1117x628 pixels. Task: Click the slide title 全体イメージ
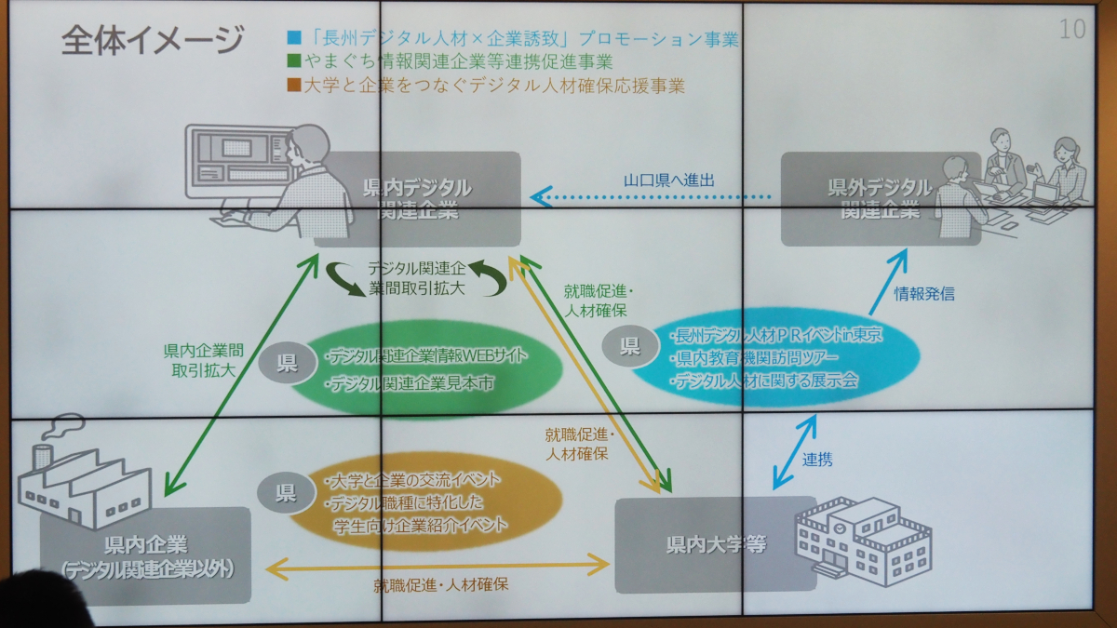(x=153, y=41)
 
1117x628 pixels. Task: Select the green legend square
(x=294, y=63)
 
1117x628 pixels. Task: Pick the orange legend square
(x=294, y=87)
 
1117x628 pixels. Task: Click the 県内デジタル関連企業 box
(x=416, y=199)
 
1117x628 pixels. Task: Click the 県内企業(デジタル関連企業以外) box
(x=145, y=555)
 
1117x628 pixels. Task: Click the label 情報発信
(x=924, y=294)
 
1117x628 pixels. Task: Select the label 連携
(x=817, y=459)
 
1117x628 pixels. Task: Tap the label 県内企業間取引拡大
(x=204, y=360)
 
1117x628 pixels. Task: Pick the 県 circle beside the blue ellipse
(x=631, y=346)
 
